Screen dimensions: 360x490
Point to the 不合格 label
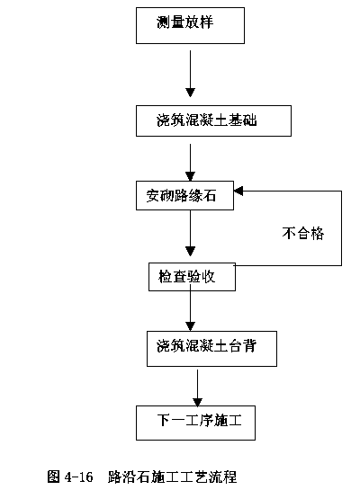coord(302,233)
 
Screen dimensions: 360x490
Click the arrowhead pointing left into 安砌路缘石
coord(238,191)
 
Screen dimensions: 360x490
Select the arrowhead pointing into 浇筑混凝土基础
coord(190,93)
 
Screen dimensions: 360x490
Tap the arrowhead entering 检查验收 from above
coord(190,251)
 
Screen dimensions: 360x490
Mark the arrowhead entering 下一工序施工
coord(197,402)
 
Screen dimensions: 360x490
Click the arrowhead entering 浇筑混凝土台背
coord(190,326)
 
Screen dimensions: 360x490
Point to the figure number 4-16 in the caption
coord(79,477)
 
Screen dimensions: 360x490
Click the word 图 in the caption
coord(53,477)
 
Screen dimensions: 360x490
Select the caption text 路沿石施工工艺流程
coord(172,477)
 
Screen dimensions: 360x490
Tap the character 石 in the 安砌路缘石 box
coord(209,196)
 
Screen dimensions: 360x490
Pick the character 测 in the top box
coord(163,22)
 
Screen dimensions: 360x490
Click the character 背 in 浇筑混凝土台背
coord(249,346)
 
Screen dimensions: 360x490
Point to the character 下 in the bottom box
coord(164,420)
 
